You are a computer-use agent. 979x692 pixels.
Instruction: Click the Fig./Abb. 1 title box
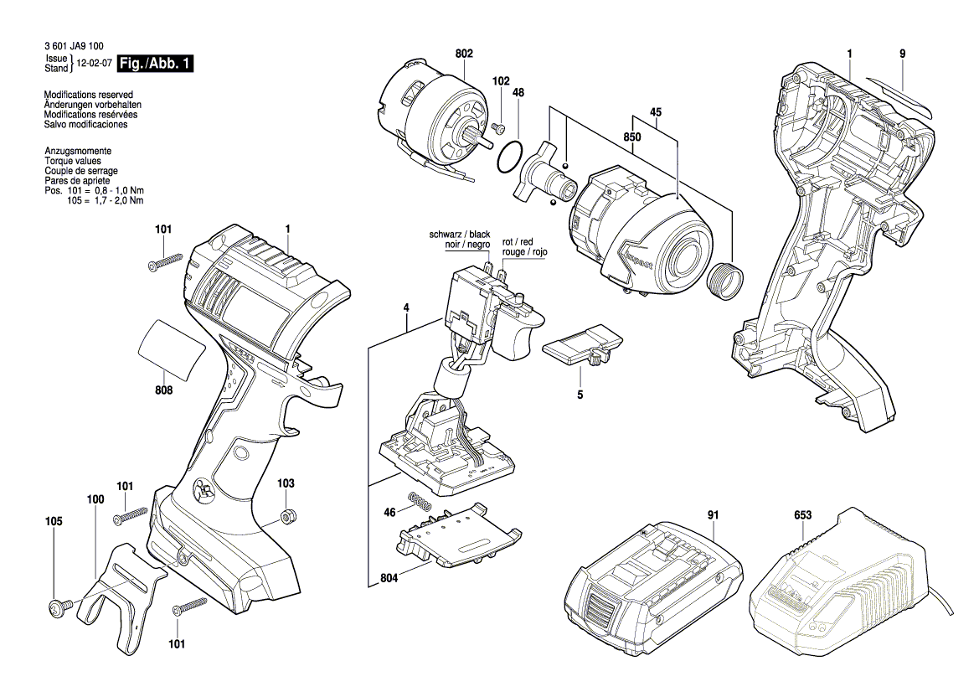click(x=156, y=64)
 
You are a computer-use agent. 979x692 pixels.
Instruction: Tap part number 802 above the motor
click(x=464, y=54)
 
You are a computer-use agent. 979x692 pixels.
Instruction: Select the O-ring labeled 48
click(x=511, y=158)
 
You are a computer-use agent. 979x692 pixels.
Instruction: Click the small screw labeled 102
click(x=497, y=128)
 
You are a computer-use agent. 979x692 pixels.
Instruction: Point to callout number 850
click(x=631, y=137)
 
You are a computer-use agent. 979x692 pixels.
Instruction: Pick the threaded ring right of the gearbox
click(x=725, y=278)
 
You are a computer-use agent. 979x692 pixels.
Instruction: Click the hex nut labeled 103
click(x=288, y=517)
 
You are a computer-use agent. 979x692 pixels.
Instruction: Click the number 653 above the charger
click(x=803, y=514)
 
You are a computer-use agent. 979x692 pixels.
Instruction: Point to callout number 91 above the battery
click(x=713, y=514)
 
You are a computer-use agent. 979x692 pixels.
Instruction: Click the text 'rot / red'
click(x=518, y=242)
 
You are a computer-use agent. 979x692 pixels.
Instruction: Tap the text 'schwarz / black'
click(x=460, y=235)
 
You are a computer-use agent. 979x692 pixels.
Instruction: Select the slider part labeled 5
click(x=583, y=344)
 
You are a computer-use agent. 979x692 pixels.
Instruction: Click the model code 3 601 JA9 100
click(x=74, y=46)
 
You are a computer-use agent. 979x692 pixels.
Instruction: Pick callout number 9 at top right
click(x=902, y=54)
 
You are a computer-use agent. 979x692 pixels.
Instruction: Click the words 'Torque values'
click(x=72, y=161)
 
